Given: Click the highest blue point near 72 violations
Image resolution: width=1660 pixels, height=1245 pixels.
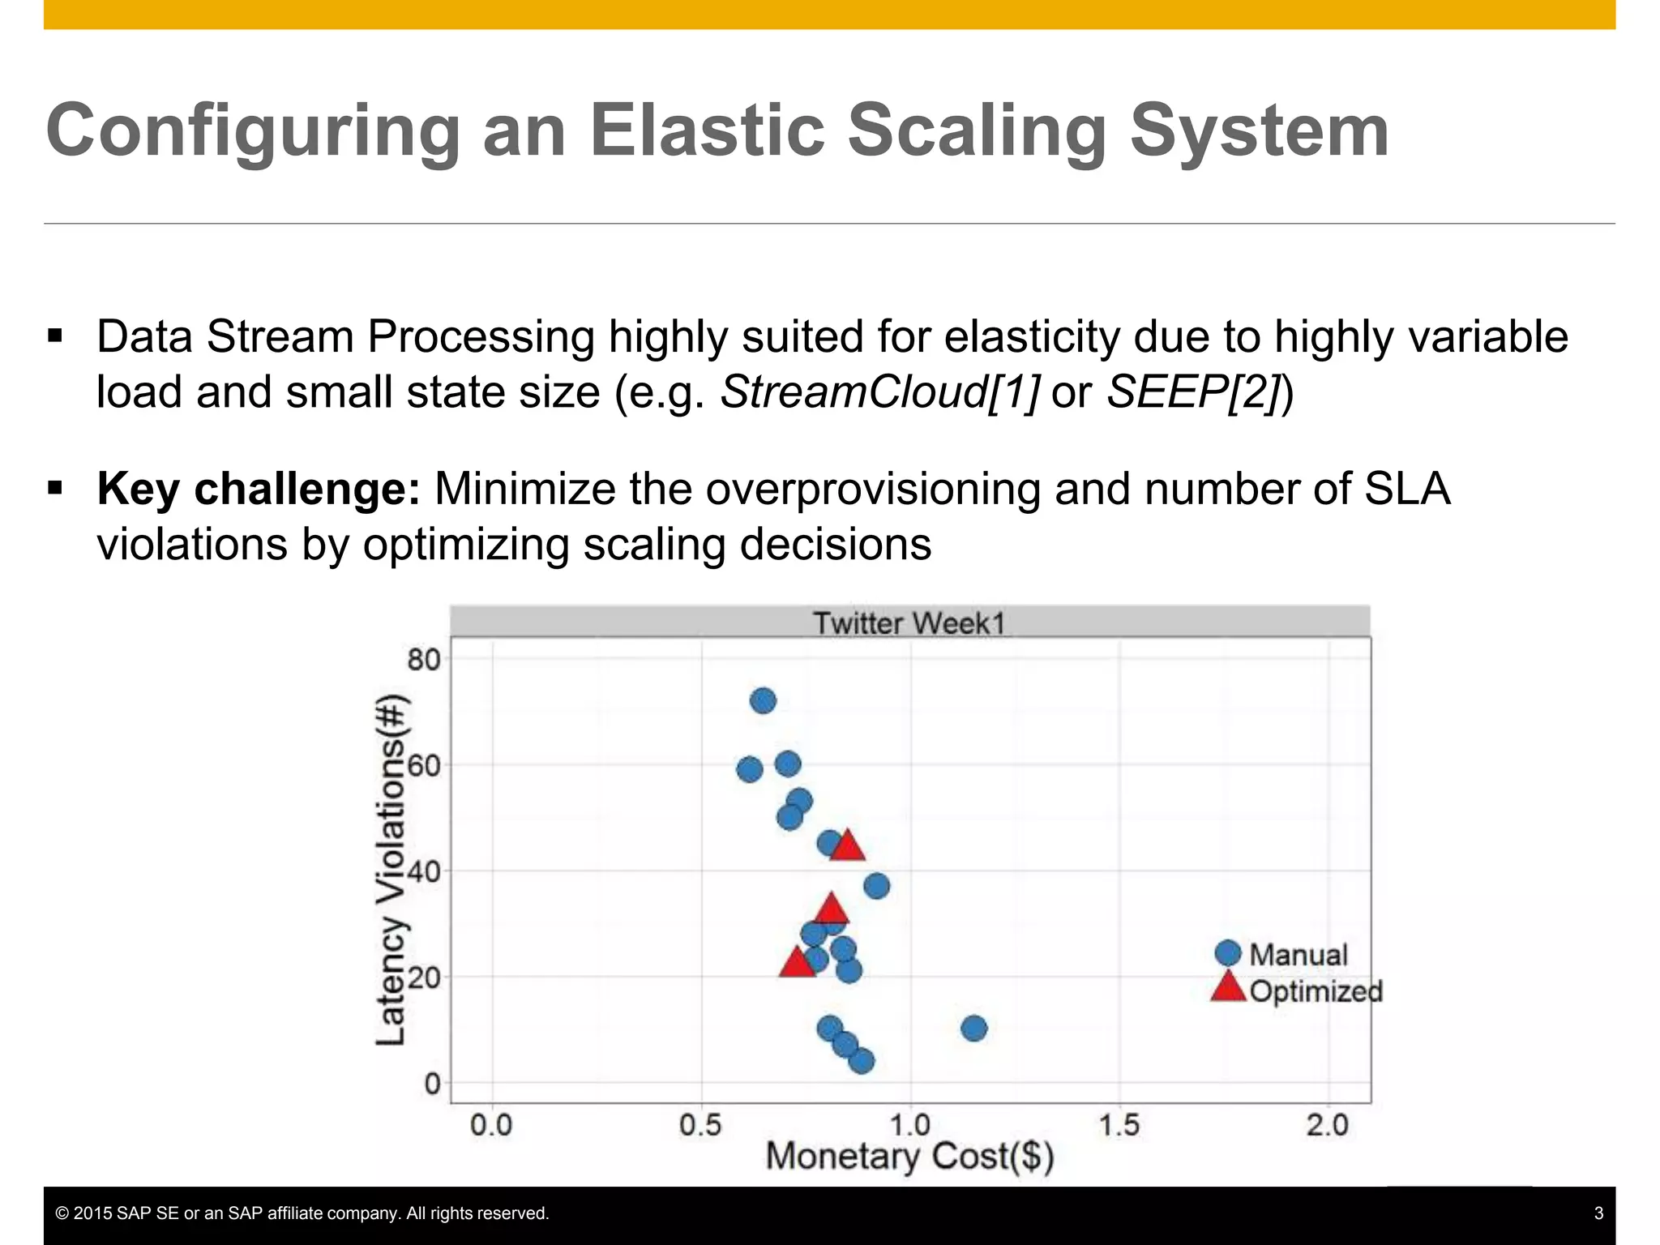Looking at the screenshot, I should (763, 701).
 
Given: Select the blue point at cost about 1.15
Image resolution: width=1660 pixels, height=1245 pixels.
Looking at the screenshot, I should (973, 1029).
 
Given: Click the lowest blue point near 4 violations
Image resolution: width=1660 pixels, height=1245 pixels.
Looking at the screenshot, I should (862, 1061).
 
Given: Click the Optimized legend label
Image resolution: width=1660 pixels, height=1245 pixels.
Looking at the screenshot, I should (1316, 990).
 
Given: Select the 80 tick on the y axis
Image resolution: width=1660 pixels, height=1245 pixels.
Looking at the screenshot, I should (423, 660).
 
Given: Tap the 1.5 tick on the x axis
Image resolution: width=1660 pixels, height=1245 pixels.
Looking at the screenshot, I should (1119, 1125).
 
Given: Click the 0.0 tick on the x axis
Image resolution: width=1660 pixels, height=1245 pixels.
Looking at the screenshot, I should (491, 1125).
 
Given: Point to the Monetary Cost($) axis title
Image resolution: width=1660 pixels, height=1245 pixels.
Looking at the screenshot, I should (909, 1157).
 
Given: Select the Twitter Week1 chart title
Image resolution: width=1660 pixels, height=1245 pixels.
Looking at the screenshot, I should (909, 623).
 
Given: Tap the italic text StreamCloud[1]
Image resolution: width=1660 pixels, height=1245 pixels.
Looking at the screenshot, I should (879, 392).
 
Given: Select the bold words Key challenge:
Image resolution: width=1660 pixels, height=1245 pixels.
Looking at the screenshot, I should (259, 489).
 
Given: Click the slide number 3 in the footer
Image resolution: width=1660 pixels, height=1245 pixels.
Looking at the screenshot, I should (1598, 1213).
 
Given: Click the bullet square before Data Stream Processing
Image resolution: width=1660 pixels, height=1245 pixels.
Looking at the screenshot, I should (55, 336).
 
